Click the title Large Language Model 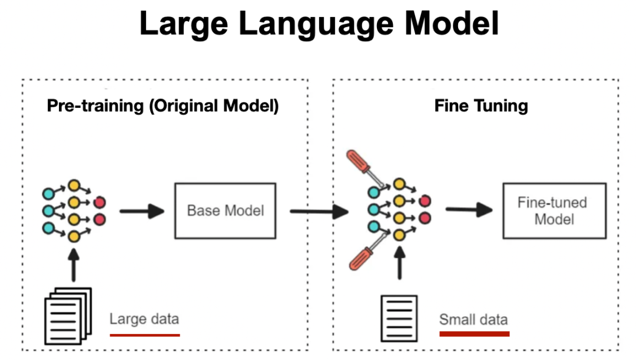[319, 24]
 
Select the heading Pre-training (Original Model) [163, 106]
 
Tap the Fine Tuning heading [481, 106]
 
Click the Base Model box [225, 210]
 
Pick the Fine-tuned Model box [554, 210]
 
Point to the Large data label [144, 319]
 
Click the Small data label [473, 319]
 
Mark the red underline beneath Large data [144, 335]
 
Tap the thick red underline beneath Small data [474, 333]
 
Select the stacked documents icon [68, 315]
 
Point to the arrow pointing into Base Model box [141, 211]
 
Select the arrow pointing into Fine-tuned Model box [468, 210]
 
